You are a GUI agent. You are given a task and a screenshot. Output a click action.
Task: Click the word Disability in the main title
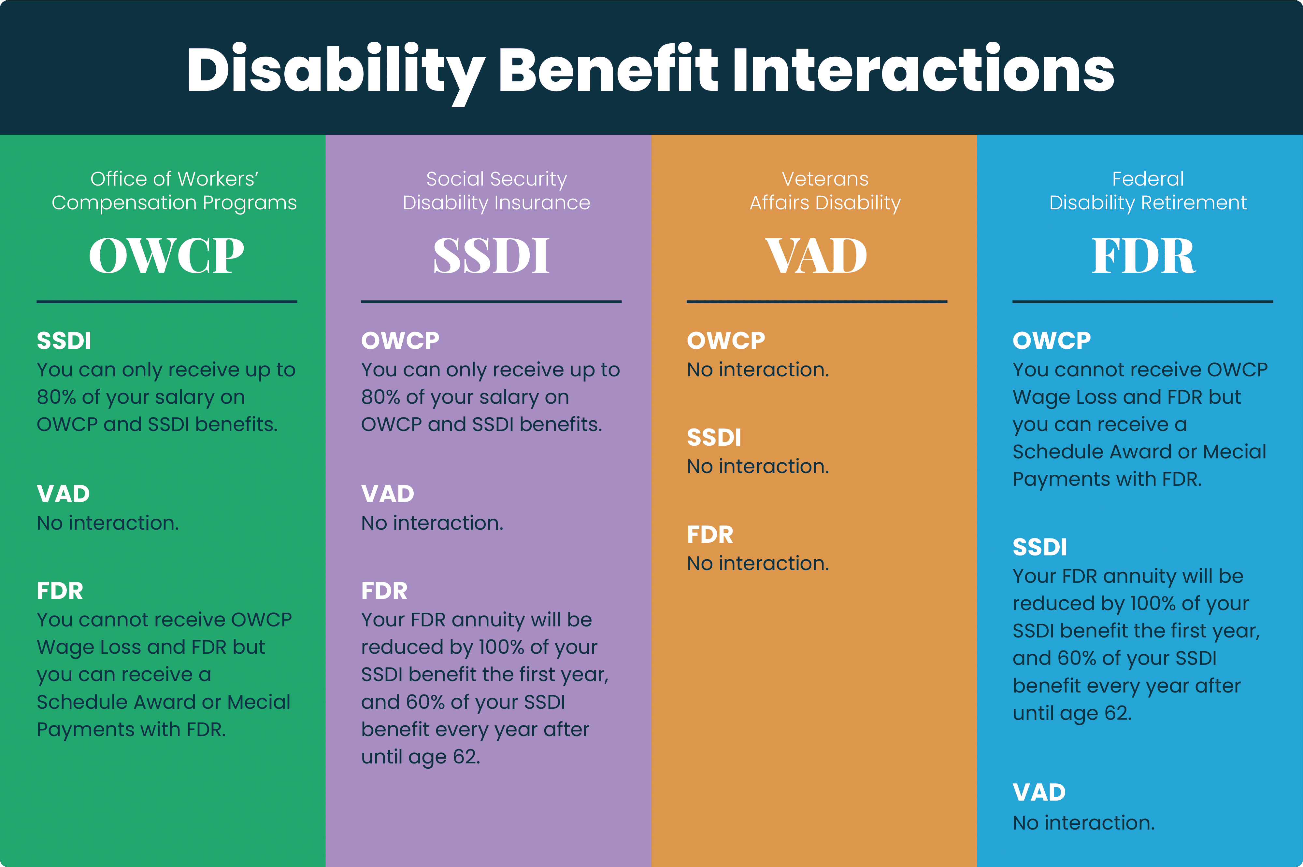pos(335,70)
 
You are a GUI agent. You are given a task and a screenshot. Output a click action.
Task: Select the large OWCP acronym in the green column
pos(166,256)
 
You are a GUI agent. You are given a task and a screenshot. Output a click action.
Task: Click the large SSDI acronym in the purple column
pos(491,256)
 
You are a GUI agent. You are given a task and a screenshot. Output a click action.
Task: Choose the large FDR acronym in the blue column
pos(1143,256)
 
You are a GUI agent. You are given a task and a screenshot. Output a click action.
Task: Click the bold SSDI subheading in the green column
pos(64,341)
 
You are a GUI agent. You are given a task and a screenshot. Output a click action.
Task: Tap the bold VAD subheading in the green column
pos(63,494)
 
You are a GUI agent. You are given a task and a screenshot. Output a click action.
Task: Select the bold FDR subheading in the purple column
pos(384,591)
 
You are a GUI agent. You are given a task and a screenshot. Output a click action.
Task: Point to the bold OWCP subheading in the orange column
pos(726,341)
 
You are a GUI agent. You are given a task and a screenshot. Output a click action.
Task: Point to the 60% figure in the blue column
pos(1076,658)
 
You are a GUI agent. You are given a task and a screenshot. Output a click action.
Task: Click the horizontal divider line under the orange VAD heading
pos(817,301)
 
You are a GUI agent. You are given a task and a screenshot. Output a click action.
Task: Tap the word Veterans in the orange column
pos(824,179)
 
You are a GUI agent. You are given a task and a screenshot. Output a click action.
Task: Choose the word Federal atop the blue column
pos(1148,179)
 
